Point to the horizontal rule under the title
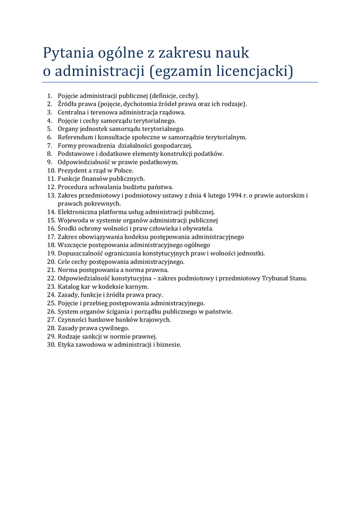[180, 82]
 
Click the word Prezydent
[73, 170]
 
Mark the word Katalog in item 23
[69, 287]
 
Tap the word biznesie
[168, 345]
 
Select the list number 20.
[51, 262]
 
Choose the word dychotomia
[141, 104]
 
